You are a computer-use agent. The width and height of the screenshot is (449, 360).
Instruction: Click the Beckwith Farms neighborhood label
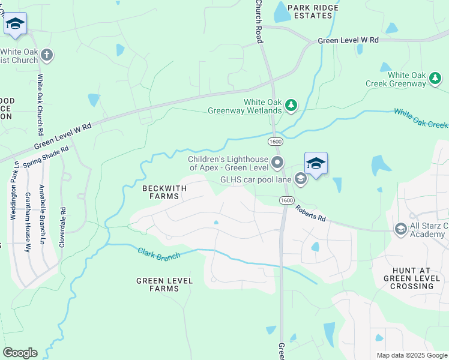click(x=164, y=192)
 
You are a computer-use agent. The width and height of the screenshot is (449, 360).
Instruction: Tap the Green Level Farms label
click(x=164, y=284)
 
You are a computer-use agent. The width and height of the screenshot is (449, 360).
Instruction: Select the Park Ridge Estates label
click(x=313, y=11)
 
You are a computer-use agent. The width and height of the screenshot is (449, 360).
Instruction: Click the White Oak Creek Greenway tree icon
click(x=435, y=77)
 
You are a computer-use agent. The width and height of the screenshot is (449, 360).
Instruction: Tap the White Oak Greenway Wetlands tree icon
click(x=291, y=106)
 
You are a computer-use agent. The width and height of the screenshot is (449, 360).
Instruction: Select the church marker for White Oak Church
click(x=46, y=56)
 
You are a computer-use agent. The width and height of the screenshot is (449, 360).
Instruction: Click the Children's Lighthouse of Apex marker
click(x=277, y=162)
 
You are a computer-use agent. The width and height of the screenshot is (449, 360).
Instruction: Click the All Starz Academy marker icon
click(x=400, y=229)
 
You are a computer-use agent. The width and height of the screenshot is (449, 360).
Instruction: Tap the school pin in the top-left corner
click(x=15, y=25)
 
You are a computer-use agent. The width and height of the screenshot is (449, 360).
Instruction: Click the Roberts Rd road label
click(x=310, y=214)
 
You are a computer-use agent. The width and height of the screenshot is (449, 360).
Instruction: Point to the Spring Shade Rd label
click(x=46, y=156)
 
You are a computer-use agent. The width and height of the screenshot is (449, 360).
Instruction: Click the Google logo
click(x=20, y=353)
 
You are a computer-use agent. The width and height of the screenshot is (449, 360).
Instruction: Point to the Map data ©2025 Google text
click(x=411, y=355)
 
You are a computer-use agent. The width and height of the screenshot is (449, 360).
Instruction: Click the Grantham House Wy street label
click(x=28, y=222)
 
